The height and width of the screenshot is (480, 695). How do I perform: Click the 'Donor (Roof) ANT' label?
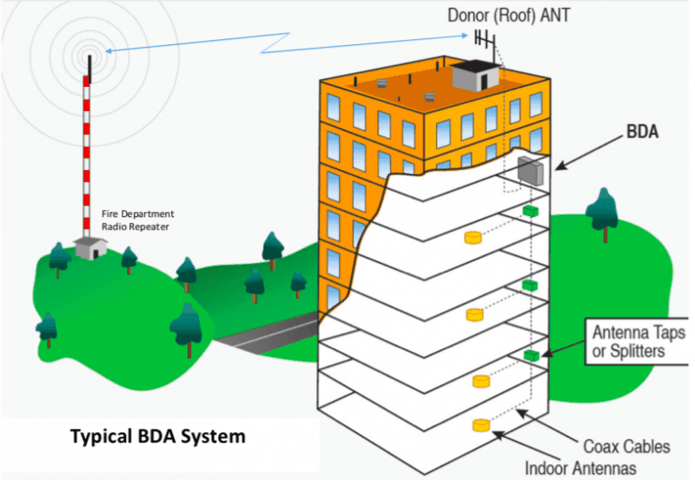click(509, 15)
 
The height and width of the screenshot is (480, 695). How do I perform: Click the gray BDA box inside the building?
click(529, 171)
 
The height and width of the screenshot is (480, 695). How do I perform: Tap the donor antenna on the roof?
click(484, 38)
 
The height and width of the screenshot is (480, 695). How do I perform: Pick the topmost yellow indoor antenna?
click(473, 237)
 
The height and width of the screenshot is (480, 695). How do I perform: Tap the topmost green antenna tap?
click(527, 211)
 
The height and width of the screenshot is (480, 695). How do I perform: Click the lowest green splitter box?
click(531, 355)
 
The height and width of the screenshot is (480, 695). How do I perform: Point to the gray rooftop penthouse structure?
click(476, 76)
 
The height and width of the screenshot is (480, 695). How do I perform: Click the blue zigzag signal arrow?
click(287, 42)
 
